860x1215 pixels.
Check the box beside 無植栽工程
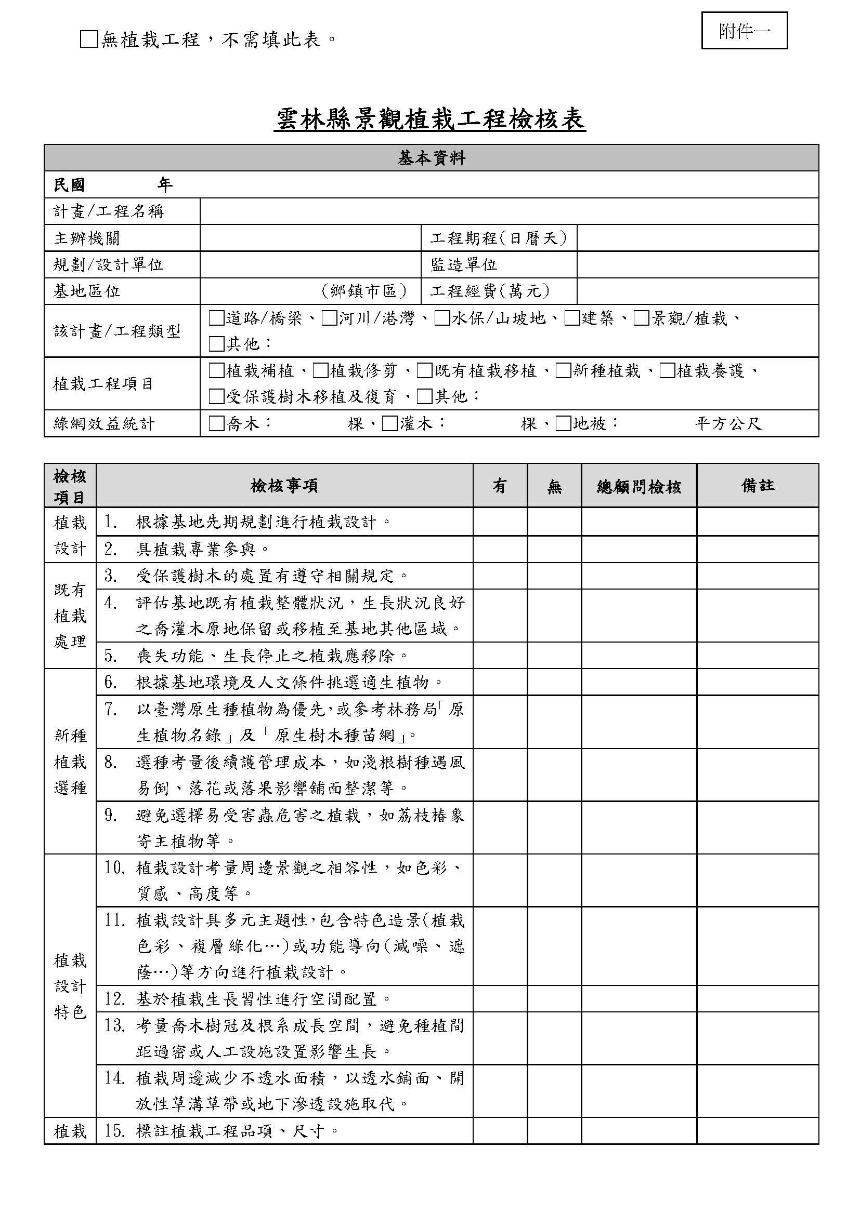coord(88,39)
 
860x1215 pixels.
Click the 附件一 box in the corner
coord(744,31)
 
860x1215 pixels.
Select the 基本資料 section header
coord(431,158)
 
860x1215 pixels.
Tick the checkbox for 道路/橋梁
coord(216,318)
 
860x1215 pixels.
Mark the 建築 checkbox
coord(572,318)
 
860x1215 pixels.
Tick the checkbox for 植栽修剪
coord(320,370)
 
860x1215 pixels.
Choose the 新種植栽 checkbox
coord(563,370)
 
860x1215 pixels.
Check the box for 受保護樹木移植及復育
coord(216,396)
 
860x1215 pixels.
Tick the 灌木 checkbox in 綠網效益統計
coord(390,423)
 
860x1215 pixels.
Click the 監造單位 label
coord(464,264)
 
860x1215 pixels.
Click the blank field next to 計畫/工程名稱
coord(509,211)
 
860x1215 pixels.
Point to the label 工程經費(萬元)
coord(490,290)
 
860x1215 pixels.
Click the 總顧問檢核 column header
coord(639,486)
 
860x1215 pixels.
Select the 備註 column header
coord(757,486)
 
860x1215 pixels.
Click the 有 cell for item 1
coord(500,522)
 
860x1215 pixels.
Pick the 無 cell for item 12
coord(554,999)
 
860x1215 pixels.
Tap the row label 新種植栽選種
coord(70,762)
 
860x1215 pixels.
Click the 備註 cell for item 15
coord(757,1131)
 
